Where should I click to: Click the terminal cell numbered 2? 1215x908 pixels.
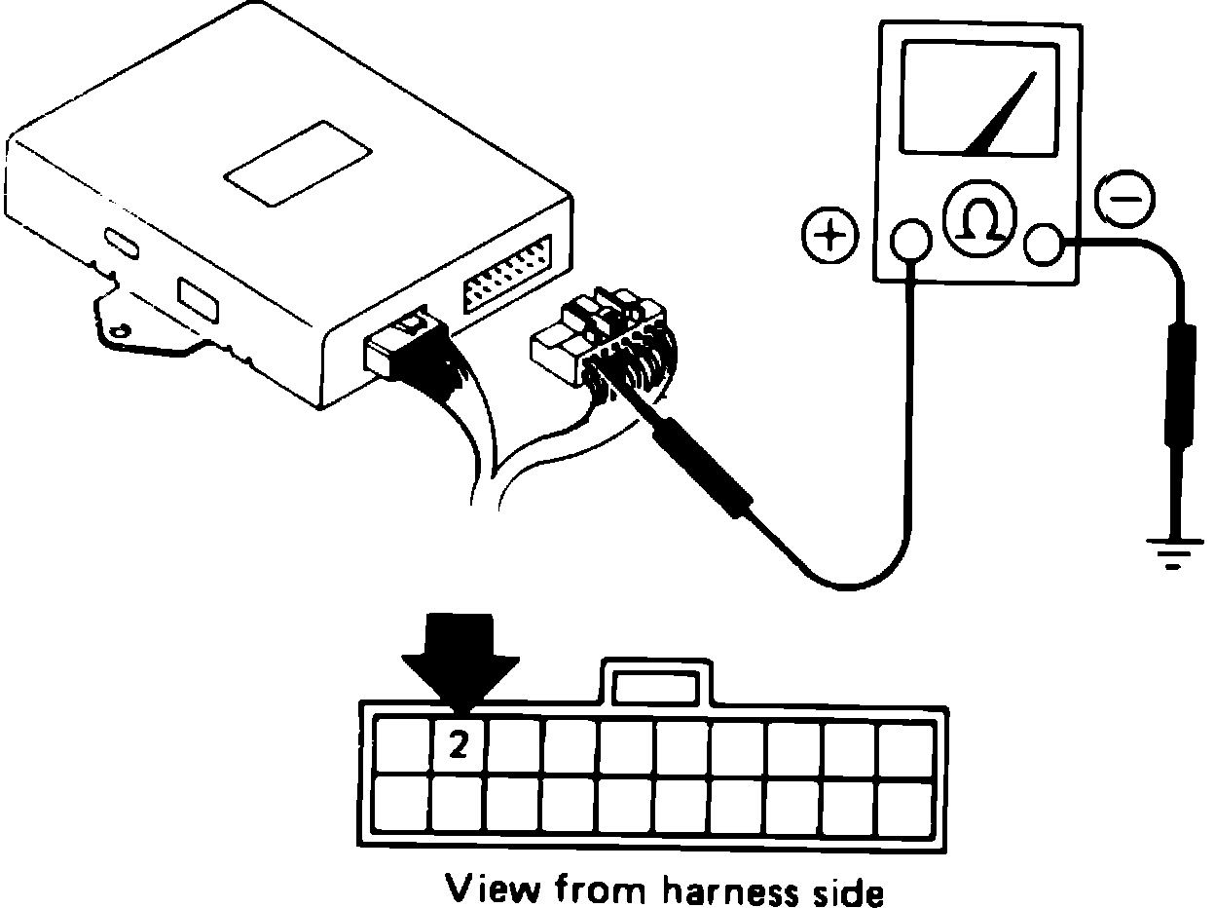pos(458,747)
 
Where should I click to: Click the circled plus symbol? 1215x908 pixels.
pos(829,237)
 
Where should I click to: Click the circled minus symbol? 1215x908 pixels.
pos(1125,198)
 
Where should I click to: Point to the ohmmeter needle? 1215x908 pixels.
pos(1003,117)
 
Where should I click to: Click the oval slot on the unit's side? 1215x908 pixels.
pos(122,241)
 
